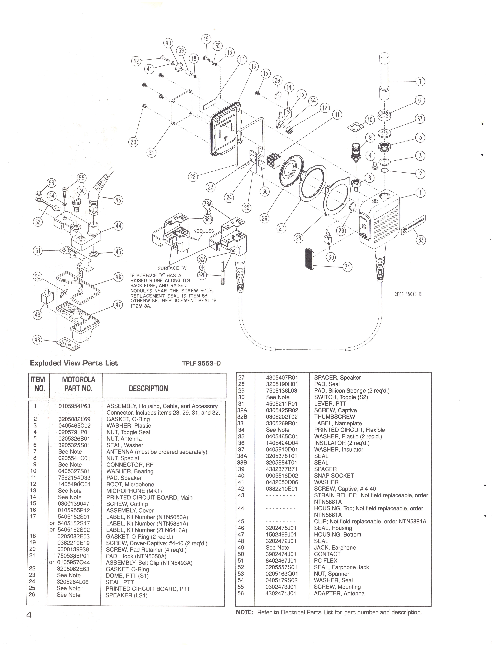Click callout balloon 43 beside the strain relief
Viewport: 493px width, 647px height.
pyautogui.click(x=118, y=200)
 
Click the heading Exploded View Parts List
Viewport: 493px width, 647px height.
pyautogui.click(x=74, y=363)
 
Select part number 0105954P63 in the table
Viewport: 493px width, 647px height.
pyautogui.click(x=75, y=406)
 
